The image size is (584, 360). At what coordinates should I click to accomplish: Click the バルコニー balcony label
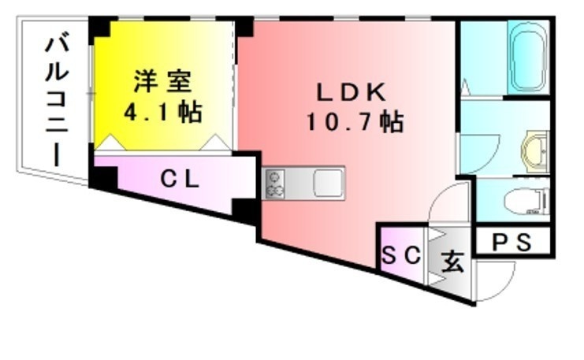pyautogui.click(x=57, y=98)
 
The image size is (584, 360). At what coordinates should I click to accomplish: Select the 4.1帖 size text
pyautogui.click(x=163, y=111)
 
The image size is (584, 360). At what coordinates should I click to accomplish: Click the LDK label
pyautogui.click(x=352, y=92)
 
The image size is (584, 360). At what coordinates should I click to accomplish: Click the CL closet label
pyautogui.click(x=180, y=179)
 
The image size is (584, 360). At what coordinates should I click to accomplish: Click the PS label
pyautogui.click(x=512, y=242)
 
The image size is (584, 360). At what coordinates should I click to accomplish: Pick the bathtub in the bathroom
pyautogui.click(x=527, y=58)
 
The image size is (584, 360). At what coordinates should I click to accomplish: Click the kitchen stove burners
pyautogui.click(x=274, y=184)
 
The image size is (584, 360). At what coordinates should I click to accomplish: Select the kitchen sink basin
pyautogui.click(x=327, y=183)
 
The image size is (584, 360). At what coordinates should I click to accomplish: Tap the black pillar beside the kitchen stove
pyautogui.click(x=245, y=210)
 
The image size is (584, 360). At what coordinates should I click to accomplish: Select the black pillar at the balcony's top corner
pyautogui.click(x=99, y=29)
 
